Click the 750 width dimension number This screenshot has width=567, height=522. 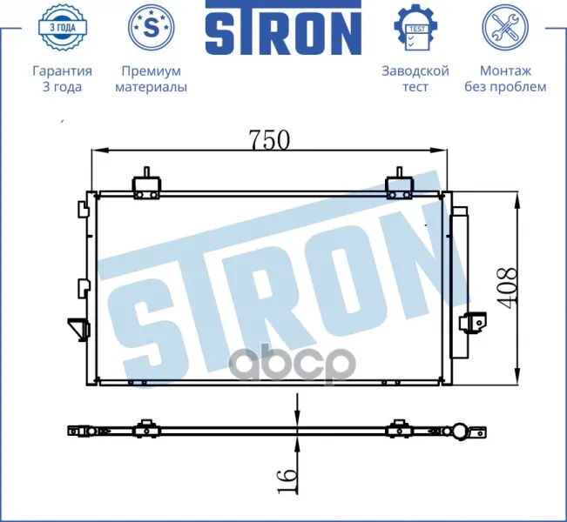tap(269, 139)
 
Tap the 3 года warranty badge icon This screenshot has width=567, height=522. tap(62, 27)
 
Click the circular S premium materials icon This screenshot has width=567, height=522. tap(152, 28)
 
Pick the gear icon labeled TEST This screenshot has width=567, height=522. tap(415, 28)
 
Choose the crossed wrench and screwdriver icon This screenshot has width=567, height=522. tap(505, 28)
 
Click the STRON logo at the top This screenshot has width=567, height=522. tap(284, 28)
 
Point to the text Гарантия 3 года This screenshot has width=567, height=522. tap(62, 79)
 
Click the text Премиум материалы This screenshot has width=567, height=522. tap(152, 79)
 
